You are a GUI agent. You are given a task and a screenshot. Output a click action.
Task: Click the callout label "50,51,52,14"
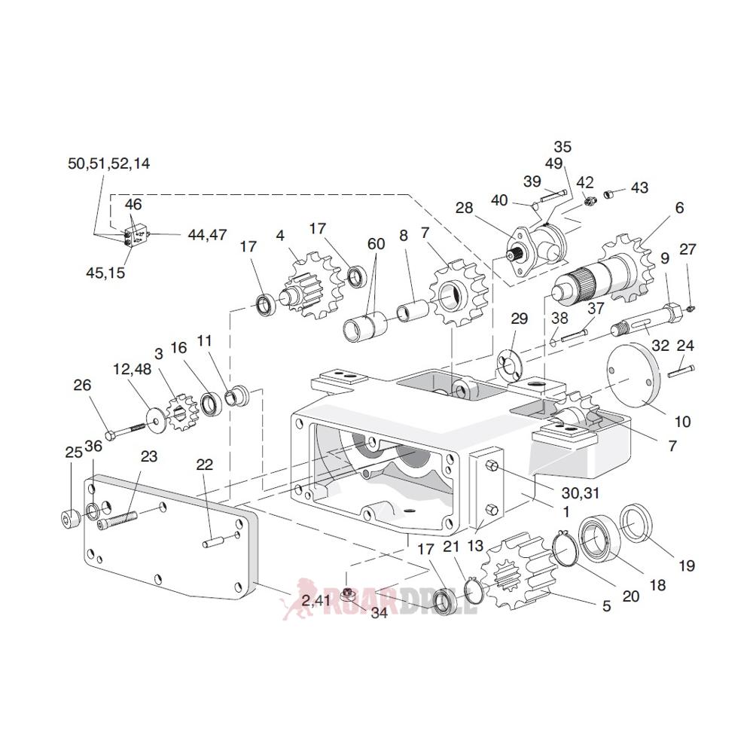[x=108, y=164]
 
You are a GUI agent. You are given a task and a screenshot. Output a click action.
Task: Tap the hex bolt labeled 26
[x=124, y=431]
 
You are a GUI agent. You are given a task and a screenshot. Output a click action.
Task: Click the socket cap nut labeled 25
[x=70, y=520]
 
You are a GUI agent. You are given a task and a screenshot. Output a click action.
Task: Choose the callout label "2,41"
[x=316, y=600]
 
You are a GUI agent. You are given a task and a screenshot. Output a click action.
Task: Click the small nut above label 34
[x=347, y=592]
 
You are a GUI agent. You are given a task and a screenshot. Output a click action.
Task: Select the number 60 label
[x=376, y=244]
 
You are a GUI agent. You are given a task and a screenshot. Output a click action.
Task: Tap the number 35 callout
[x=562, y=146]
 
